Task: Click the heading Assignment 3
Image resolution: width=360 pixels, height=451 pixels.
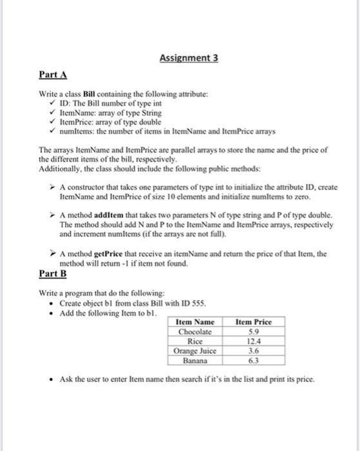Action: click(189, 58)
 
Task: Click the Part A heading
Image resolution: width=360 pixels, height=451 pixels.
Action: click(53, 75)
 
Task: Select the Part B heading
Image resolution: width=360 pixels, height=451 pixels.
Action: click(53, 273)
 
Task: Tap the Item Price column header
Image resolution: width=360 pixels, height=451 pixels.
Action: click(254, 322)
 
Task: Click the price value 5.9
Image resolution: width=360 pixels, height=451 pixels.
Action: click(254, 332)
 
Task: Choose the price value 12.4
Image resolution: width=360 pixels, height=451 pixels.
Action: click(254, 341)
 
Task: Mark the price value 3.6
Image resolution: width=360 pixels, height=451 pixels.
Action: click(254, 351)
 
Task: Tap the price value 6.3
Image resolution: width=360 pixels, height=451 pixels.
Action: click(254, 361)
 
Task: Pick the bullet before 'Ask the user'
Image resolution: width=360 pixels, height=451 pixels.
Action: click(52, 379)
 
